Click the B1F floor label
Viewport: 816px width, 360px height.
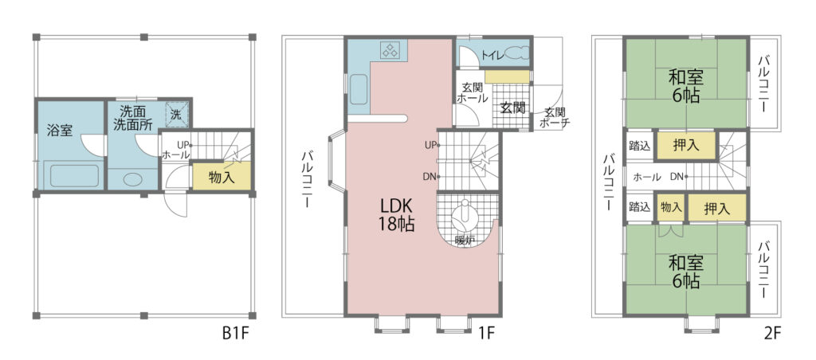pos(237,333)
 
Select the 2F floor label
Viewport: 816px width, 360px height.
pos(773,333)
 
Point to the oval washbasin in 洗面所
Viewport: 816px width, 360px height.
pos(133,179)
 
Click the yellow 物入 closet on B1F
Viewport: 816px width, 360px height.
pos(222,178)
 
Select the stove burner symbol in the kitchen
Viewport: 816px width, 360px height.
pos(390,50)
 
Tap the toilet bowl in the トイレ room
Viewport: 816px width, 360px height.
pos(516,54)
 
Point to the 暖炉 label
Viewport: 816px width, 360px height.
pos(465,241)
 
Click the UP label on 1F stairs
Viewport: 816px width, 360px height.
pos(429,146)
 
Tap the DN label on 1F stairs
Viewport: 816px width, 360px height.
pos(429,177)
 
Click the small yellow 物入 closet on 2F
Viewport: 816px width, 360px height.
pos(671,207)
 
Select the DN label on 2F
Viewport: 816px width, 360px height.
pos(677,177)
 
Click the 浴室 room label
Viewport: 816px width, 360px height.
pos(60,131)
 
